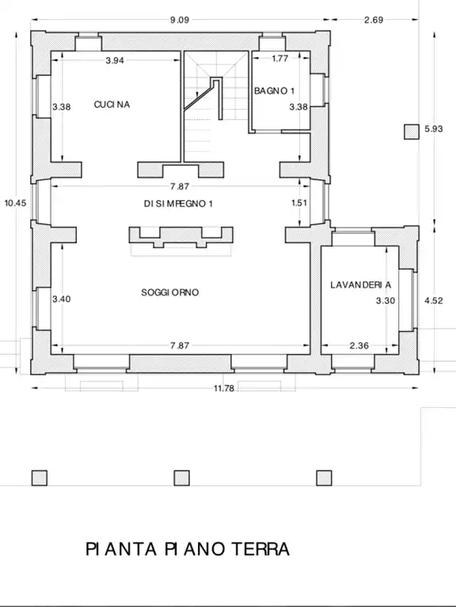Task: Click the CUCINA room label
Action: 112,104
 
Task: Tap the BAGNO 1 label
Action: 274,91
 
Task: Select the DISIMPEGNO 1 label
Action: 178,204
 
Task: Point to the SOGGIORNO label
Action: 170,292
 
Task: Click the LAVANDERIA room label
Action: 361,285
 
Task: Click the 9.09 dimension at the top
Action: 180,20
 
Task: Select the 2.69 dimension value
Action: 374,20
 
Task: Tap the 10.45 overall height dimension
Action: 16,203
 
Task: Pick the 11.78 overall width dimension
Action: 224,388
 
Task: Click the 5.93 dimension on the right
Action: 434,129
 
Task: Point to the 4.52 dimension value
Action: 434,301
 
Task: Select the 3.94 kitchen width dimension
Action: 115,60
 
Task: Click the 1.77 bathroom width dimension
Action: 280,58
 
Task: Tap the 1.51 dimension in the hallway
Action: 299,203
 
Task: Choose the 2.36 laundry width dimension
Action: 359,345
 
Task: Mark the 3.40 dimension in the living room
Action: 62,299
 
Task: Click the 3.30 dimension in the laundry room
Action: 386,301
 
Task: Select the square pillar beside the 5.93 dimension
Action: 412,132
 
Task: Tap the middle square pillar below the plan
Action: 181,478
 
